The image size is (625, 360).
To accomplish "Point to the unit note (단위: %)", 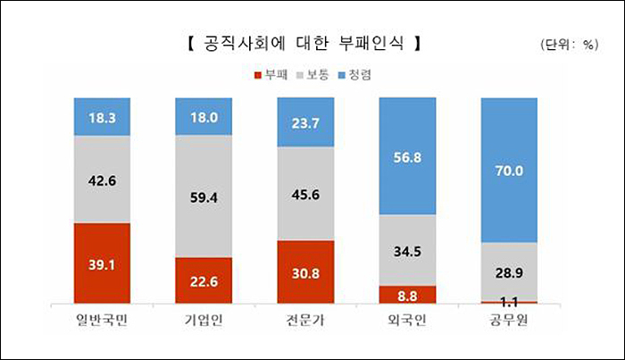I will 568,45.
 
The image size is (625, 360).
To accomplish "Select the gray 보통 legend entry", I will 316,76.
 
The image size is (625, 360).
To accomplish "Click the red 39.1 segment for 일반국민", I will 103,264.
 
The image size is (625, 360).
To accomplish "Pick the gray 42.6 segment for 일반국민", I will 103,179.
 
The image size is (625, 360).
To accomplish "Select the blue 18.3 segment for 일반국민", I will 103,116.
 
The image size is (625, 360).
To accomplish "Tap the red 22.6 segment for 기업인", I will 204,280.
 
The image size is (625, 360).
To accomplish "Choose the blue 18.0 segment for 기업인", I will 204,116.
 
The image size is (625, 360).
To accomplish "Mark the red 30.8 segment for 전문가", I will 306,272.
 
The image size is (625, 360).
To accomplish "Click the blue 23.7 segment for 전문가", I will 306,121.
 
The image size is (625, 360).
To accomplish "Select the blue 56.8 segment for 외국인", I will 408,155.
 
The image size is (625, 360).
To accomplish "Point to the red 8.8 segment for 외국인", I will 408,295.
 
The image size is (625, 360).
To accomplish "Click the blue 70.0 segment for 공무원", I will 510,169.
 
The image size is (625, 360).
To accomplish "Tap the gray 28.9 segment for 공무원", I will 510,271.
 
